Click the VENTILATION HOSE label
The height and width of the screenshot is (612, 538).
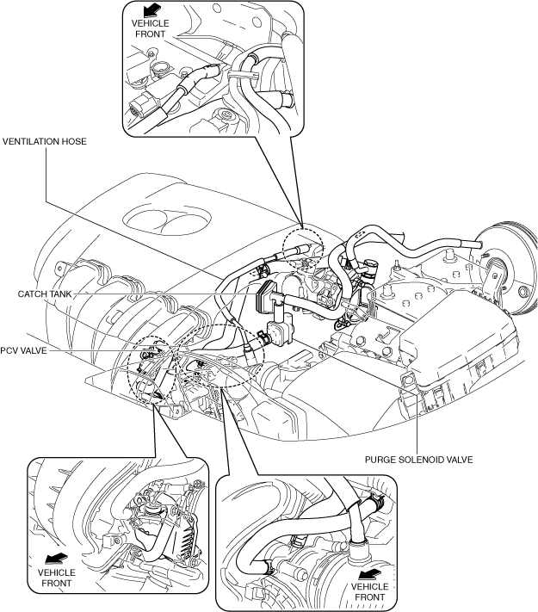pos(45,141)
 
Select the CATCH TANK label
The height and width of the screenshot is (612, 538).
pos(45,294)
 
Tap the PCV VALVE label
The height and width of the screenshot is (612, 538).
pos(23,350)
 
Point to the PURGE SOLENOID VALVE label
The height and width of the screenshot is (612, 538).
pos(418,460)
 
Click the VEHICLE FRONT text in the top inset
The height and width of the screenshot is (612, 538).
pos(151,29)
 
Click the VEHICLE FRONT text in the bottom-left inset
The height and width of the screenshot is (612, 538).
pos(57,578)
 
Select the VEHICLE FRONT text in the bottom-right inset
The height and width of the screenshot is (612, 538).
pos(370,592)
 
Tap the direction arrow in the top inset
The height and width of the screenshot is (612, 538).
pos(152,9)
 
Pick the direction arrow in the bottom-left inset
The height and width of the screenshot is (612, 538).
pos(56,559)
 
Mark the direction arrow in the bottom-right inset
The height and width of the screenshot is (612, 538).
pos(369,574)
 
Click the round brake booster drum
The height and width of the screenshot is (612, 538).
pos(508,269)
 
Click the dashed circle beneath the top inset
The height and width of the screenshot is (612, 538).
pos(303,248)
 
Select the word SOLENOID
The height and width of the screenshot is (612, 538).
pos(423,460)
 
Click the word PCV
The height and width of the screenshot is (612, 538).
pos(9,350)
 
